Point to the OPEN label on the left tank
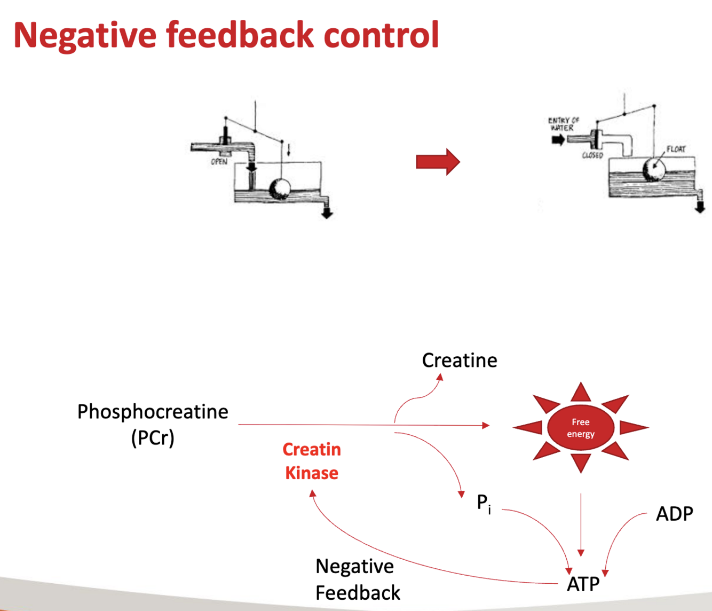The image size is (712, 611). pos(219,161)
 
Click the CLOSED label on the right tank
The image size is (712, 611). pos(592,155)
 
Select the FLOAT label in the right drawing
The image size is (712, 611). pos(676,149)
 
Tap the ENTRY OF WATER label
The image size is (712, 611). pos(563,124)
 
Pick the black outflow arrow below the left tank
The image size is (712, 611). pos(327,213)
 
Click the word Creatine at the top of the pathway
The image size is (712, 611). pos(460,361)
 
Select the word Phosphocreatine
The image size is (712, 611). pos(153,412)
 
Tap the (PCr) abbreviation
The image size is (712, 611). pos(153,438)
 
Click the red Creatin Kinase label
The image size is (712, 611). pos(312,461)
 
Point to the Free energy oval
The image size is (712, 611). pos(581,428)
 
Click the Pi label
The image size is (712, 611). pos(484,503)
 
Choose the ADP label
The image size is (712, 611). pos(674,514)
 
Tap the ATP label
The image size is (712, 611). pos(583,584)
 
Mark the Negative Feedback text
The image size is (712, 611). pos(357,579)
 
